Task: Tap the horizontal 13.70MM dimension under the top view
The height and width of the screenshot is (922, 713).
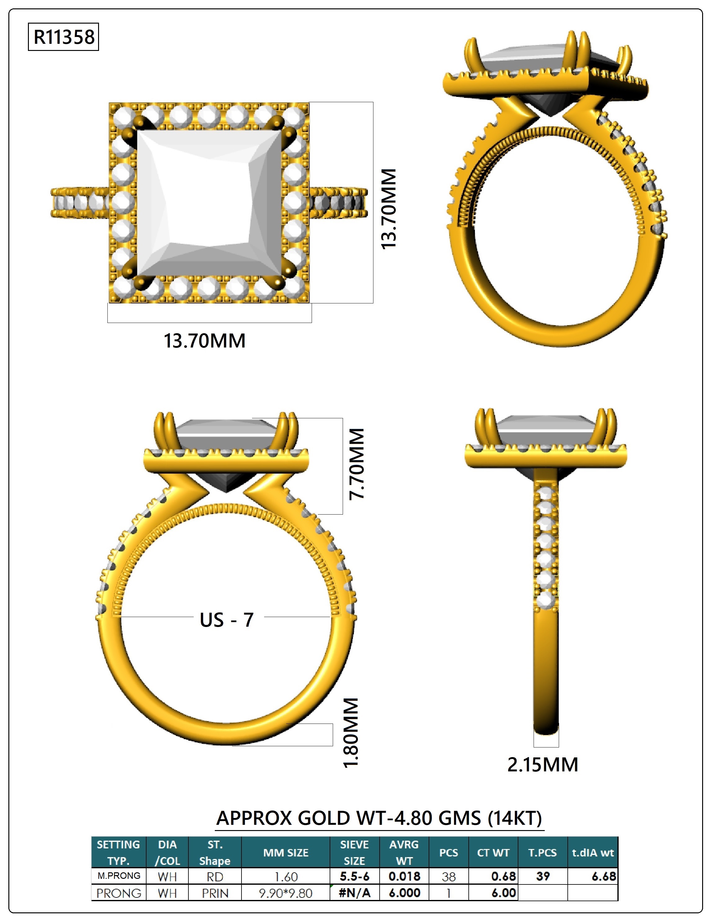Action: (205, 341)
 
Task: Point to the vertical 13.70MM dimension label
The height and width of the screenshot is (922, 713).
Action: (389, 209)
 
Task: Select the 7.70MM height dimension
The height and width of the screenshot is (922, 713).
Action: (356, 464)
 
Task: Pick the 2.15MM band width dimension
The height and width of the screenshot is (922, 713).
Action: (543, 765)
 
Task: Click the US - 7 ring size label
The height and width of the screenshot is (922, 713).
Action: (227, 620)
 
